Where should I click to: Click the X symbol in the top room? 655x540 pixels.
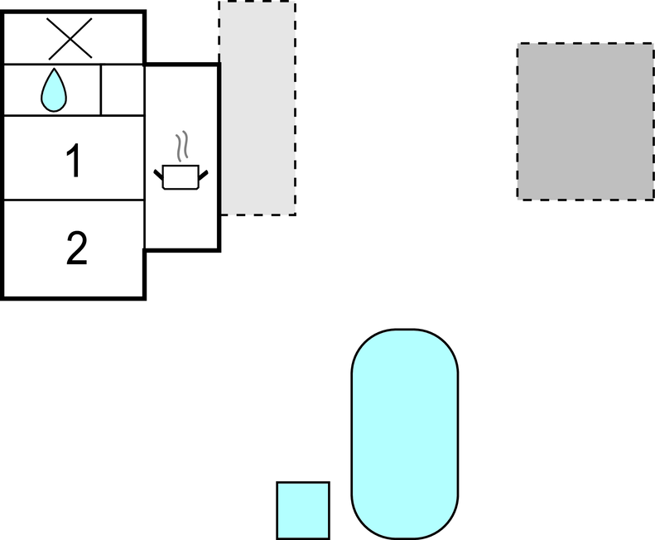70,38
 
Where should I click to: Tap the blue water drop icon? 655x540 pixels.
54,91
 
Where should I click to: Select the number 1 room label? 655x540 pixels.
74,161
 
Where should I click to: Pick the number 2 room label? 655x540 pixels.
77,248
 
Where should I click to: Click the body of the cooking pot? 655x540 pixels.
181,177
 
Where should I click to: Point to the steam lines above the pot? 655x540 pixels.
182,146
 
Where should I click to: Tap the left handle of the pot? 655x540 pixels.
158,175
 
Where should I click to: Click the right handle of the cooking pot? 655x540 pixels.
203,175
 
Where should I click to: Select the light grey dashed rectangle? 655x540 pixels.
258,108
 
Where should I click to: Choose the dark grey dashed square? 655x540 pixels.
585,121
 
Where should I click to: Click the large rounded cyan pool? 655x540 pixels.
405,434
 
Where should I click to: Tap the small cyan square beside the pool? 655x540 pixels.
303,510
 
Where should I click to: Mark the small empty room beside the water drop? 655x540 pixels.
123,89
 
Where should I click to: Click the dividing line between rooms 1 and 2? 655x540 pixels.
74,200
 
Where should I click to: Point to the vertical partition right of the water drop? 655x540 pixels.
101,89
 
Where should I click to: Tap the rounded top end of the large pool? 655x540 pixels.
405,330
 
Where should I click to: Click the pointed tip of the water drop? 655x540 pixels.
54,69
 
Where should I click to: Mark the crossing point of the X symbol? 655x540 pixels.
70,38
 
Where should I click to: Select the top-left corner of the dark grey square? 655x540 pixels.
518,43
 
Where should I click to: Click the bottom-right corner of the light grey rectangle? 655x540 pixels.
296,215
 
